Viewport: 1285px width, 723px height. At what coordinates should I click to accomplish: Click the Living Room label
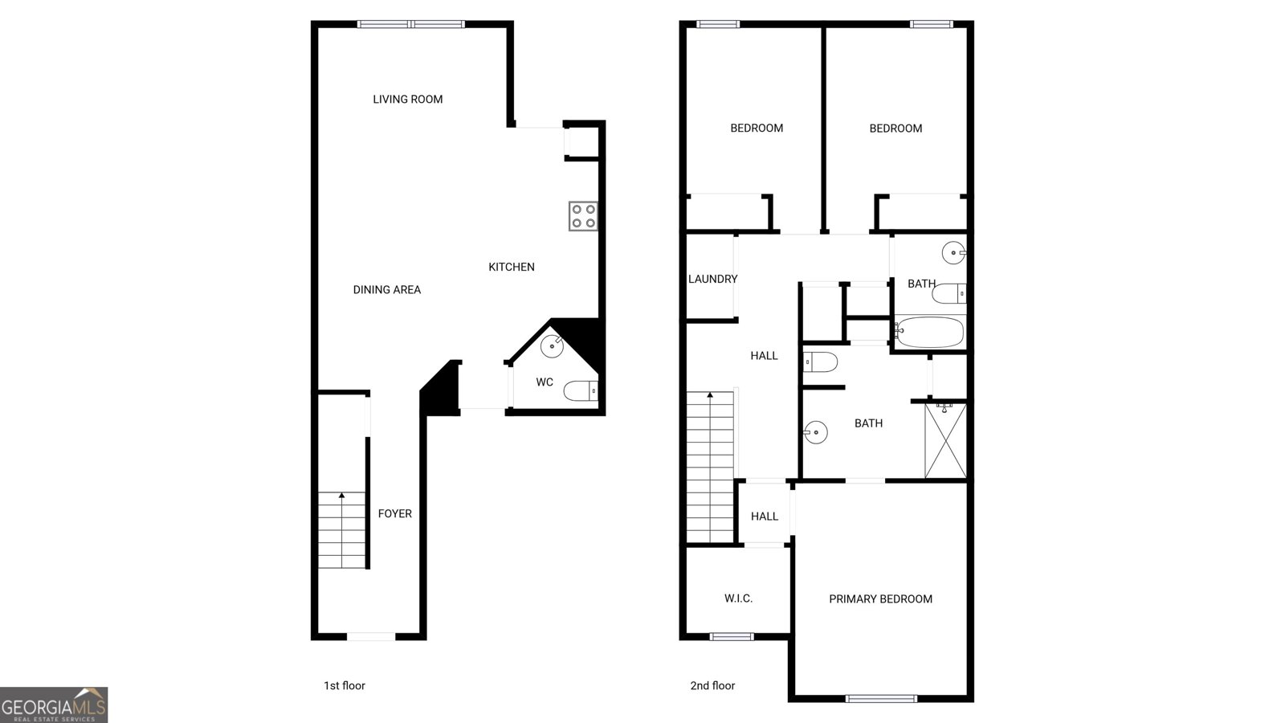(x=407, y=100)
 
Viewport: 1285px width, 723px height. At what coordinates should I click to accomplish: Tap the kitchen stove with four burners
(x=583, y=216)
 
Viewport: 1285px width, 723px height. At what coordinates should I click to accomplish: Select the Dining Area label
(x=386, y=290)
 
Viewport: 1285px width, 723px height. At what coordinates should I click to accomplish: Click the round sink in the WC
(x=553, y=346)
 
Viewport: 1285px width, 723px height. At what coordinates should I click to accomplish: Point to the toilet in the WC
(x=581, y=390)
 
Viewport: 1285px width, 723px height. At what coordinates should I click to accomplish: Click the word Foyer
(x=394, y=513)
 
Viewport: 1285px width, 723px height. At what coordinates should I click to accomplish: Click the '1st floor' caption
(x=345, y=686)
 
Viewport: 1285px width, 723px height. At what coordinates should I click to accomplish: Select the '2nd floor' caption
(x=712, y=686)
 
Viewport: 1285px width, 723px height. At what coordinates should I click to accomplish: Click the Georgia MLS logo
(x=53, y=705)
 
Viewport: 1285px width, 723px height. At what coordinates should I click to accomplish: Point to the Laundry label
(x=712, y=279)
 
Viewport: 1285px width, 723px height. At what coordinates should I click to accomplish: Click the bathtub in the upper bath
(x=930, y=333)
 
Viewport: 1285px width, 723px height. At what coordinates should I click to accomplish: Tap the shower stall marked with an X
(x=945, y=441)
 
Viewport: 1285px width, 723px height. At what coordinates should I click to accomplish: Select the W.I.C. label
(x=738, y=598)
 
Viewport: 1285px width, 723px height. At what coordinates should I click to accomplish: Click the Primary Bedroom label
(x=880, y=599)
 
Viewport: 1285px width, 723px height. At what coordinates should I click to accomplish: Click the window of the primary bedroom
(x=881, y=698)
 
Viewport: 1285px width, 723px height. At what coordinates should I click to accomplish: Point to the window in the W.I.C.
(x=732, y=636)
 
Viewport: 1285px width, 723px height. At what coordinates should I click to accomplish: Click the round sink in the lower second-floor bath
(x=815, y=432)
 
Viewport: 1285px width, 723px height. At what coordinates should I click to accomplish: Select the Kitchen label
(x=511, y=267)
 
